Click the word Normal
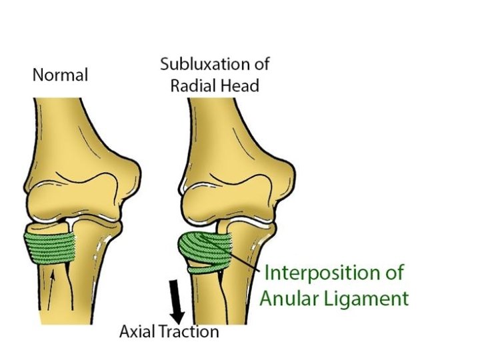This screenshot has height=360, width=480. click(60, 75)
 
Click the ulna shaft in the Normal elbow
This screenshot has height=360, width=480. click(100, 293)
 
